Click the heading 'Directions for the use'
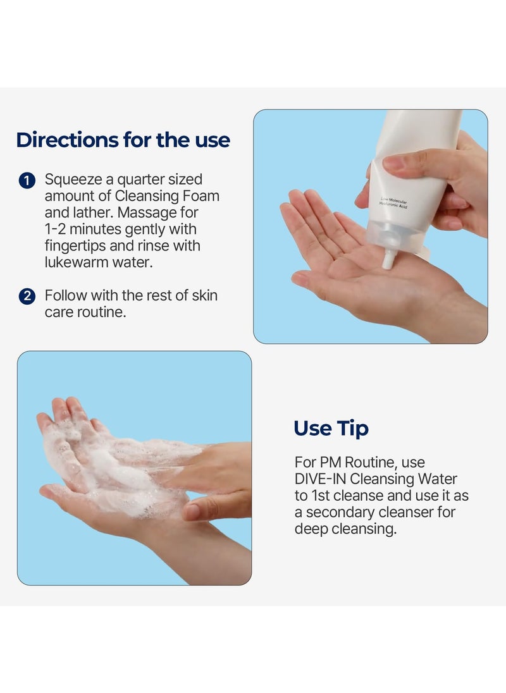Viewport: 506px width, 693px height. click(x=123, y=140)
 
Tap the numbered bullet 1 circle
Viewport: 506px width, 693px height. click(x=27, y=181)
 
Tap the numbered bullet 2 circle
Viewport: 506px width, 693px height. click(x=27, y=296)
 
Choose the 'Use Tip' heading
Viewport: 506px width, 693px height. click(x=331, y=429)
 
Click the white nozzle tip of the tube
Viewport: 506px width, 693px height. click(x=388, y=260)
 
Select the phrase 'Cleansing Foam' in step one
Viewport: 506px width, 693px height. click(x=167, y=197)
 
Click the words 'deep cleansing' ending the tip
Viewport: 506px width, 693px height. click(x=345, y=529)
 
